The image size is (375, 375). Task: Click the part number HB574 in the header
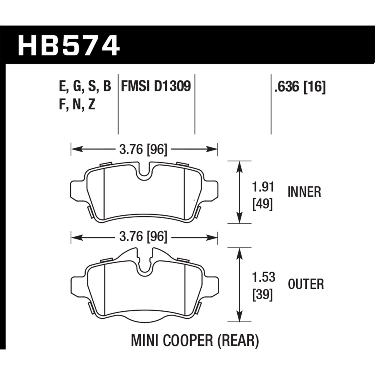click(x=69, y=46)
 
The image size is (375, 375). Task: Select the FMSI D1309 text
click(x=156, y=86)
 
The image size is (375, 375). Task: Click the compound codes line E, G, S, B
click(x=85, y=86)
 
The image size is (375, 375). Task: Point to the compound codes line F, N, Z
click(x=77, y=104)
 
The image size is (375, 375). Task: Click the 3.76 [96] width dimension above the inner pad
click(x=143, y=149)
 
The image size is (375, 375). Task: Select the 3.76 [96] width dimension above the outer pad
click(x=143, y=236)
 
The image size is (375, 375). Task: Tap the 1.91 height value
click(x=263, y=187)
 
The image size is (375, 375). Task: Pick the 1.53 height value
click(x=263, y=277)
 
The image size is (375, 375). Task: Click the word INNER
click(x=304, y=192)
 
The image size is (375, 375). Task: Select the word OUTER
click(x=306, y=284)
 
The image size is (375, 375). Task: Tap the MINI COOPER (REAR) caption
click(x=195, y=341)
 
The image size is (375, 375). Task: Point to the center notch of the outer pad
click(x=144, y=265)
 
